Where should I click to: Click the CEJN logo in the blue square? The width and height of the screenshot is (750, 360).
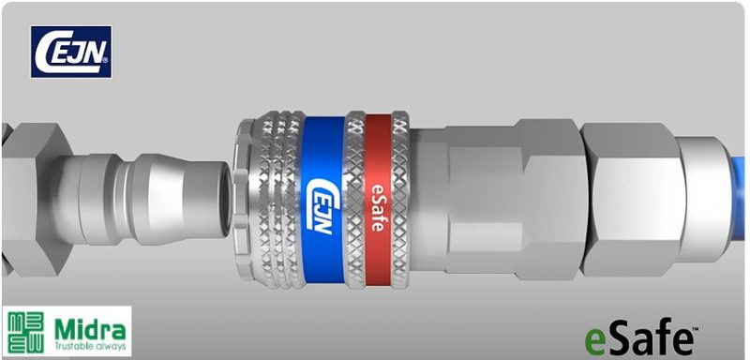(x=71, y=52)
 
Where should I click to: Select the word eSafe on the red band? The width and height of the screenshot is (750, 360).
(x=378, y=207)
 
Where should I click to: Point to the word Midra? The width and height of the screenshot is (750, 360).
(x=90, y=329)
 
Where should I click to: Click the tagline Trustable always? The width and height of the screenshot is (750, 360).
(x=90, y=346)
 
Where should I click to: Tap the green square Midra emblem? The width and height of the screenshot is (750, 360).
(x=26, y=332)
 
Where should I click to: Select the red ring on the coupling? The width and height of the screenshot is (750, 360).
(x=379, y=202)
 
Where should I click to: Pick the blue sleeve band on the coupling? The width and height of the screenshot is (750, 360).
(x=323, y=200)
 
